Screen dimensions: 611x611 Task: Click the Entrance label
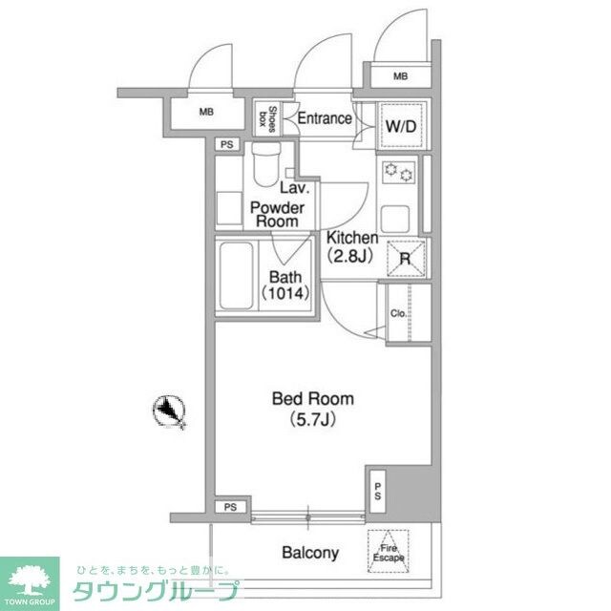325,119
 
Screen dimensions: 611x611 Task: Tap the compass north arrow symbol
169,411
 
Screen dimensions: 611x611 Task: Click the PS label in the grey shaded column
378,494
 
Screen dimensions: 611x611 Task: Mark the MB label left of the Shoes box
207,113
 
